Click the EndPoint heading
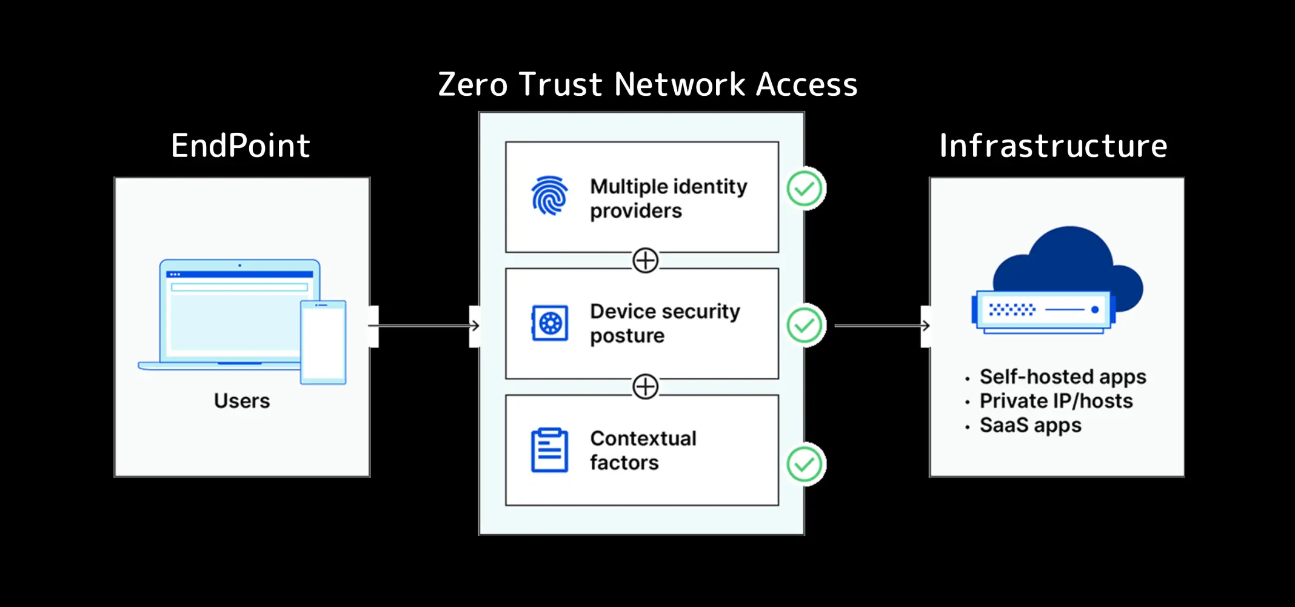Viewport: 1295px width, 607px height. pyautogui.click(x=240, y=146)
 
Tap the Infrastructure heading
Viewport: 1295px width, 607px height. pyautogui.click(x=1053, y=146)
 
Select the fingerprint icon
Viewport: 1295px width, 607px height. pyautogui.click(x=549, y=196)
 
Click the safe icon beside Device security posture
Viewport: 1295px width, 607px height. pyautogui.click(x=550, y=323)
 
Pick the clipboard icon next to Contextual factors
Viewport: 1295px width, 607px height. pyautogui.click(x=549, y=450)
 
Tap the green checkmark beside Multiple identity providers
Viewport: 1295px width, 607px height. pyautogui.click(x=805, y=189)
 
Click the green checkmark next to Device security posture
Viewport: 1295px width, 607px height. pyautogui.click(x=805, y=326)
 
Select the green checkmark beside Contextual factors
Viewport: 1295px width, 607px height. pyautogui.click(x=805, y=464)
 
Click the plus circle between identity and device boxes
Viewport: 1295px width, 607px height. pyautogui.click(x=645, y=260)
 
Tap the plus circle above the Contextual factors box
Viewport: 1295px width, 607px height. pyautogui.click(x=645, y=387)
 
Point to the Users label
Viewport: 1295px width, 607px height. pyautogui.click(x=241, y=401)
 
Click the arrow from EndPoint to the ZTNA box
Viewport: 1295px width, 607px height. pyautogui.click(x=424, y=326)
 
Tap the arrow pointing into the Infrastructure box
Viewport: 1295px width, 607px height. pyautogui.click(x=882, y=326)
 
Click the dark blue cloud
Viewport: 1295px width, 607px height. pyautogui.click(x=1070, y=261)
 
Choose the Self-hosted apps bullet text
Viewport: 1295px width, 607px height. pyautogui.click(x=1062, y=377)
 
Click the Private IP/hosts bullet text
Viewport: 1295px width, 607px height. pyautogui.click(x=1056, y=401)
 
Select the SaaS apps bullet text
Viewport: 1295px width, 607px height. pyautogui.click(x=1030, y=425)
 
